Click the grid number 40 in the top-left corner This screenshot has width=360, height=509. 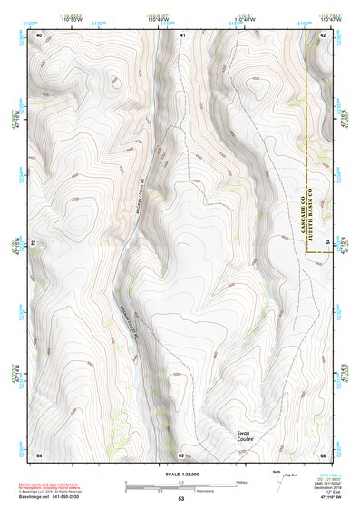(39, 34)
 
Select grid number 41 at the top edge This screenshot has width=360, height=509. (181, 34)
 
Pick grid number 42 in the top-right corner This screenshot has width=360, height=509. (323, 34)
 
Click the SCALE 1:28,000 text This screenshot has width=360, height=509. (180, 474)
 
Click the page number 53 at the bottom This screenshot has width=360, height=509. (180, 500)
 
